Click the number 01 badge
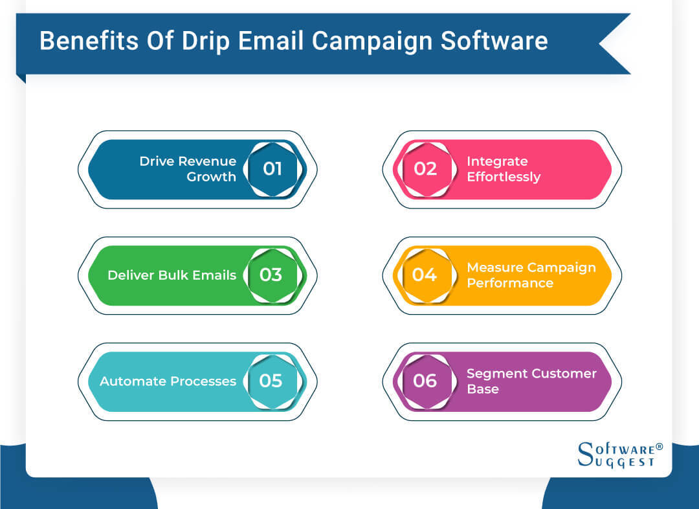point(272,169)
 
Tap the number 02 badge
point(425,169)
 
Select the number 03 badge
point(271,275)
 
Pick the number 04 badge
point(425,275)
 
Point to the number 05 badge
point(271,381)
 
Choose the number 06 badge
point(425,381)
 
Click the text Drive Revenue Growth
point(188,168)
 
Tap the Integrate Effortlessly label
point(504,168)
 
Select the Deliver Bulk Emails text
point(172,275)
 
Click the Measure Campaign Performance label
point(531,275)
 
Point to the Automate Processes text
point(168,381)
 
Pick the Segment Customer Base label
point(531,381)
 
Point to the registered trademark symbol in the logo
point(659,447)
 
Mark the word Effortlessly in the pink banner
point(504,177)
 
